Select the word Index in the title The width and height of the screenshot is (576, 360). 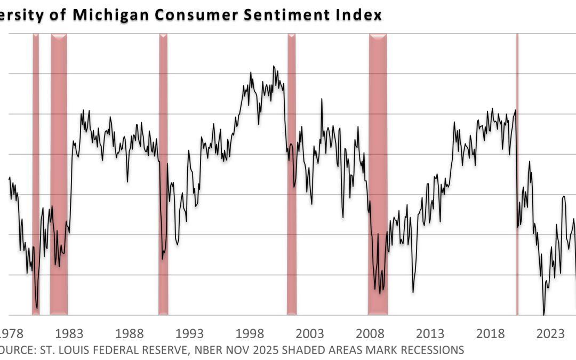tap(361, 15)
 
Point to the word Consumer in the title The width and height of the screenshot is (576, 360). tap(187, 15)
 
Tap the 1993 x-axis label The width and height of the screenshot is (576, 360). tap(190, 334)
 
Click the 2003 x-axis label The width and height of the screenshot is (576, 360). tap(310, 334)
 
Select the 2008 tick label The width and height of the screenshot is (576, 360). tap(370, 334)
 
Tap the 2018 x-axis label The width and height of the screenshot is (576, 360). tap(490, 334)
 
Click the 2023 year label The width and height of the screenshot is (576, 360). tap(550, 334)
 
